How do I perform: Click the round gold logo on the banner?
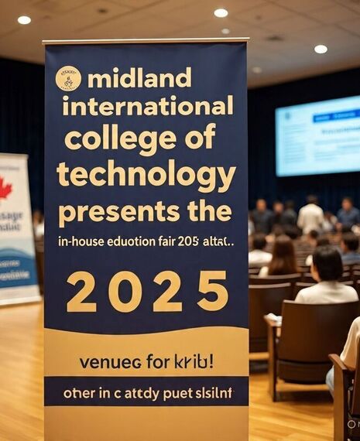click(68, 79)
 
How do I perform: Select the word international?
click(147, 106)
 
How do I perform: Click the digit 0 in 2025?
click(125, 291)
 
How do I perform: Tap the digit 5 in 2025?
click(212, 291)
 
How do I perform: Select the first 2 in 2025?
click(81, 291)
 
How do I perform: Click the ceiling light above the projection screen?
click(321, 49)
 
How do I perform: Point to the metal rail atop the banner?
click(146, 40)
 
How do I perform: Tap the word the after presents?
click(207, 210)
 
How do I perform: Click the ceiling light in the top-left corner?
click(24, 20)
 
